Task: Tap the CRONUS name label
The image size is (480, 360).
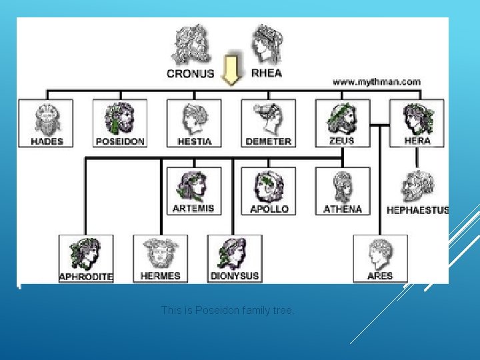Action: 191,73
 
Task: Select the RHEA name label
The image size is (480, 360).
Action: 267,73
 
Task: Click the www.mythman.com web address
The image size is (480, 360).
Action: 377,82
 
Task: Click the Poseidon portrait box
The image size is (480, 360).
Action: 120,123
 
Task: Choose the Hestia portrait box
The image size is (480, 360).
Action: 194,123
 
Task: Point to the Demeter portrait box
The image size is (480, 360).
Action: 268,123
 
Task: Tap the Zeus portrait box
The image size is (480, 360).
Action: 342,123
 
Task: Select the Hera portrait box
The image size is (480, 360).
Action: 417,123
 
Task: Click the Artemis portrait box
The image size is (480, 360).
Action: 193,191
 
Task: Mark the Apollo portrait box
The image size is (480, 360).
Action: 268,191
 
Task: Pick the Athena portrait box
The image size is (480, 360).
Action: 342,191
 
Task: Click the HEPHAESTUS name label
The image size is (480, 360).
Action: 417,210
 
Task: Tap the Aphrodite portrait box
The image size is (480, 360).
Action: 86,258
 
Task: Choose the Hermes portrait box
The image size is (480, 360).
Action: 160,258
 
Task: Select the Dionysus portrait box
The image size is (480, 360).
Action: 235,258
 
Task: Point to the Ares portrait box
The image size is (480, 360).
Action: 380,258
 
